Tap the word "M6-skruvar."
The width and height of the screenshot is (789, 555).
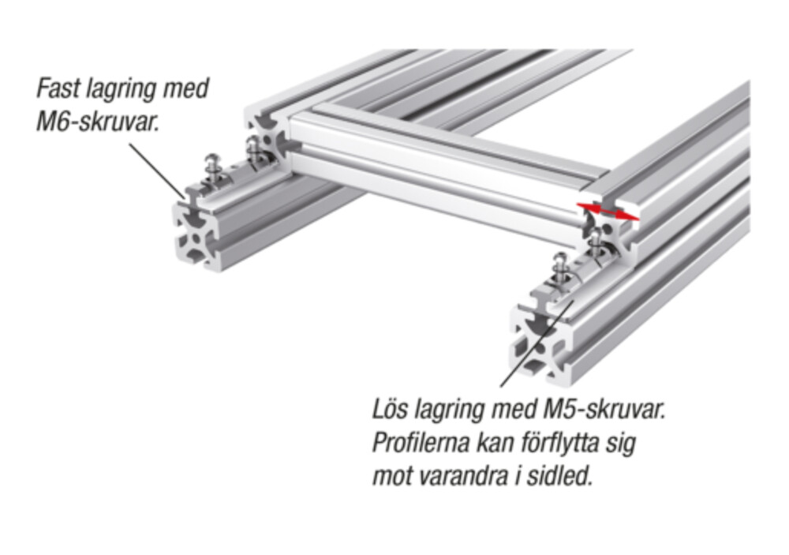[x=98, y=122]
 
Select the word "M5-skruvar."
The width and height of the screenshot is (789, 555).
[x=605, y=410]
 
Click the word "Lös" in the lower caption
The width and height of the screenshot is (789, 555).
[x=391, y=410]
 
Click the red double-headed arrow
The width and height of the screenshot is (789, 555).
[x=608, y=212]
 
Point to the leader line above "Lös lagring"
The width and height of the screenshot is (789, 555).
[x=537, y=343]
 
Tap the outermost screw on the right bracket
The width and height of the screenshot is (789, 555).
[x=559, y=272]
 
